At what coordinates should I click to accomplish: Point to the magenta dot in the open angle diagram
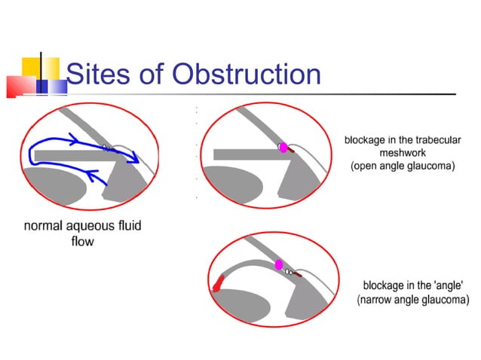[x=284, y=148]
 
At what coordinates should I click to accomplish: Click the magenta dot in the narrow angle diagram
[x=279, y=264]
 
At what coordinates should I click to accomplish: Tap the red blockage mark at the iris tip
[x=219, y=282]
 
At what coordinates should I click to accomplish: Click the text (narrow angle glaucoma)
[x=412, y=299]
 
